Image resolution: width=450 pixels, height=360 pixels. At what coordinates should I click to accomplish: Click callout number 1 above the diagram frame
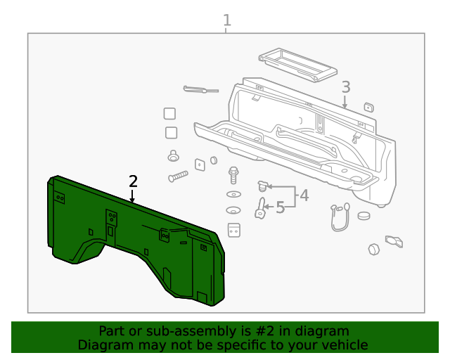coord(226,20)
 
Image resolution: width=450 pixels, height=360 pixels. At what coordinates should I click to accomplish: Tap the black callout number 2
coord(133,181)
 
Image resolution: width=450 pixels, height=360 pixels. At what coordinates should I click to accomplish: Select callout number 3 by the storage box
coord(345,87)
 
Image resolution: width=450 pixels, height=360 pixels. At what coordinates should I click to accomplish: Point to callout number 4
coord(304,195)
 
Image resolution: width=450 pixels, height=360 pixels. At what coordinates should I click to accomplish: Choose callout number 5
coord(280,207)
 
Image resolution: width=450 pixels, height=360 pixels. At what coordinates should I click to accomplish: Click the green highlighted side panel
coord(134,239)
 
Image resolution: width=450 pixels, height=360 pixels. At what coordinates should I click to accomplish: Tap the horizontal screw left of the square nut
coord(178,176)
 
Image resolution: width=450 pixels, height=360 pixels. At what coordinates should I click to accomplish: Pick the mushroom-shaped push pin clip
coord(173,156)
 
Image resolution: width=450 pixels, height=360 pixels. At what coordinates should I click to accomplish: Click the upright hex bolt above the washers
coord(233,174)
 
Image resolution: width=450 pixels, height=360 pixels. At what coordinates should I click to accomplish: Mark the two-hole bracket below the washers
coord(234,230)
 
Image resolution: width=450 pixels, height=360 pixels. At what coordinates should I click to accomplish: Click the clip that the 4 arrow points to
coord(264,186)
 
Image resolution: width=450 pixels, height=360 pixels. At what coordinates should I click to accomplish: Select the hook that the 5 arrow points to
coord(259,208)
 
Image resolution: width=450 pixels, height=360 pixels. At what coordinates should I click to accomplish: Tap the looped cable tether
coord(340,217)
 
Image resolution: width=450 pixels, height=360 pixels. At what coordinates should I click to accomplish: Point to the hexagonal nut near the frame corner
coord(373,249)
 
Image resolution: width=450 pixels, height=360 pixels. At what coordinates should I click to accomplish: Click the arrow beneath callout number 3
coord(345,103)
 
